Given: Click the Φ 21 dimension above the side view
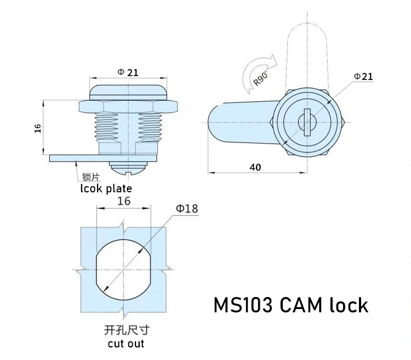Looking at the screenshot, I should coord(128,72).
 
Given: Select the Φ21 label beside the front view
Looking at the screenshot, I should coord(363,76).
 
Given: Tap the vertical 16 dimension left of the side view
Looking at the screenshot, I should coord(38,128).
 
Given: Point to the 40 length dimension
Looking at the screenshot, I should coord(255,168).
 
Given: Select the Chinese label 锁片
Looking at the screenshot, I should coord(90,177).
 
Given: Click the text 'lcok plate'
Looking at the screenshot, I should coord(106,188).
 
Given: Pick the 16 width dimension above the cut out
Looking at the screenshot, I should coord(124,201).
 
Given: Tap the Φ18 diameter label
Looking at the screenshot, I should coord(187,208).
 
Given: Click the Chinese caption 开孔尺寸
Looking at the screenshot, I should coord(126,330).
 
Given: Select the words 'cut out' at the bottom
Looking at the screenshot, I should coord(126,344).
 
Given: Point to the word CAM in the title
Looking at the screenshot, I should coord(303,305).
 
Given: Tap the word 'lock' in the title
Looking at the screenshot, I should coord(349,305).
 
